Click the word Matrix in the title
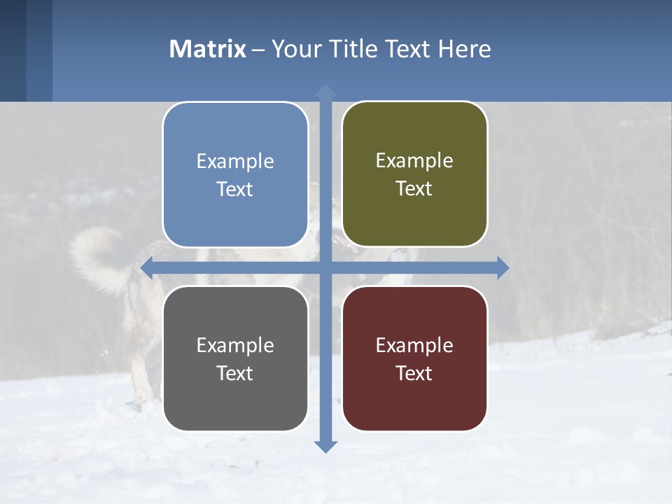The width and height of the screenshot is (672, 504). point(207,49)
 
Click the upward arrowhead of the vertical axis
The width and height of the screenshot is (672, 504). point(325,91)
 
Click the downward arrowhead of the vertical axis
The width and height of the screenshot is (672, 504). point(325,446)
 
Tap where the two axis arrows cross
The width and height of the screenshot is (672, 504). point(325,267)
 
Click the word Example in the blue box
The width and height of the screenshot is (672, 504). point(235,162)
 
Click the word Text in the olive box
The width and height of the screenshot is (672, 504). point(414,189)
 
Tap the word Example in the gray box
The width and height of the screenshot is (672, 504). point(235,345)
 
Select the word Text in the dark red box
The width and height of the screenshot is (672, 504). point(414,373)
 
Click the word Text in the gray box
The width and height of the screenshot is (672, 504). point(235,373)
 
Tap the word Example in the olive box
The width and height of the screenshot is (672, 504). point(414,161)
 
